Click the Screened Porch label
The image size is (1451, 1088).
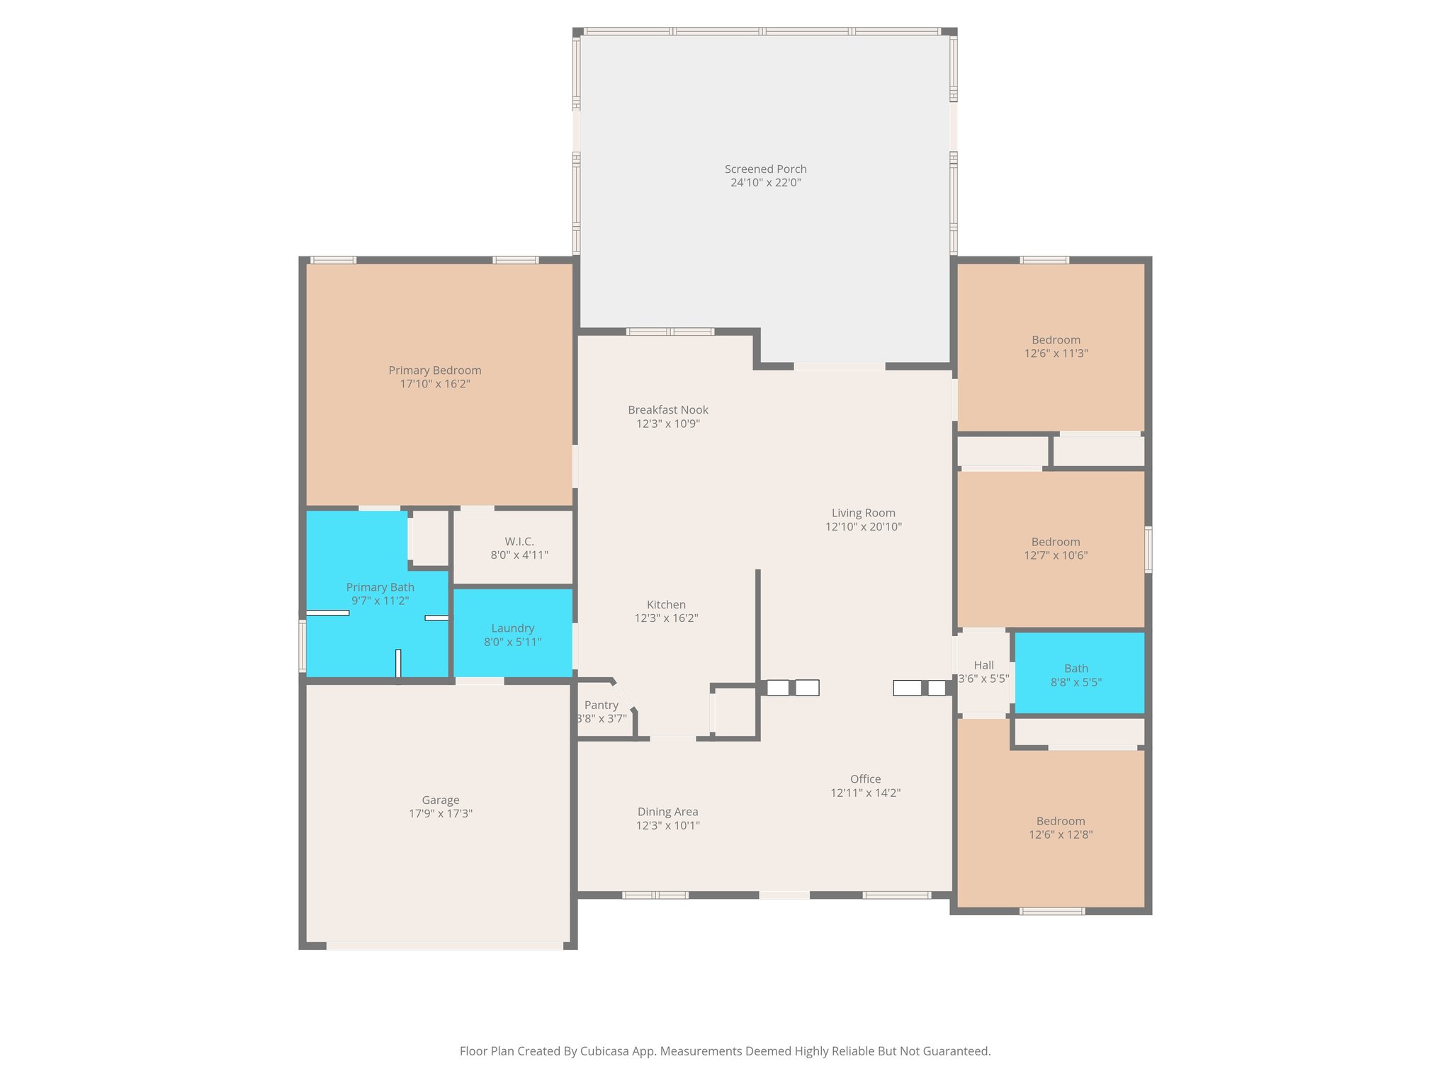coord(765,169)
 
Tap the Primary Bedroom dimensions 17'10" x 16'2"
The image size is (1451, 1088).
coord(435,384)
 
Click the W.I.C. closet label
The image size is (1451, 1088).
coord(519,541)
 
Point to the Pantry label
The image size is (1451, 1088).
coord(601,705)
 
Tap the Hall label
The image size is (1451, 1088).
coord(983,665)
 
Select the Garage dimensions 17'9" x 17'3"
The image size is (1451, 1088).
coord(440,814)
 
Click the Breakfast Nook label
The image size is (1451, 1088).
coord(667,409)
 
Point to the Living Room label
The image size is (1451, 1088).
coord(863,513)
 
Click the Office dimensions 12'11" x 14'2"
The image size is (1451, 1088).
coord(865,793)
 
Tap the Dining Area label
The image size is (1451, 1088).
coord(667,812)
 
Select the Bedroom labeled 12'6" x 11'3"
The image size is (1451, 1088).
coord(1056,346)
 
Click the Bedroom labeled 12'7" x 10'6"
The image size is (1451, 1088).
coord(1056,548)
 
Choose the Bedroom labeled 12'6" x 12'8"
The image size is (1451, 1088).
coord(1061,827)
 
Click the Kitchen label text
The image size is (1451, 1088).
coord(666,604)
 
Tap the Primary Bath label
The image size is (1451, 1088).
coord(380,587)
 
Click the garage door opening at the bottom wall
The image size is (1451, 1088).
coord(444,946)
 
